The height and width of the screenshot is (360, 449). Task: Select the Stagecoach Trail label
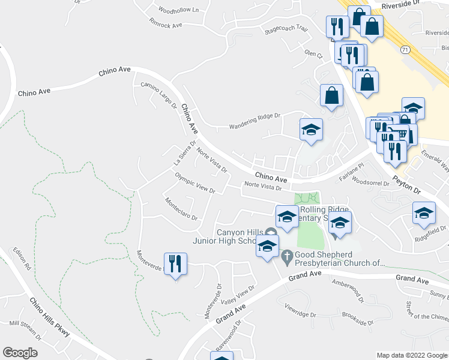286,29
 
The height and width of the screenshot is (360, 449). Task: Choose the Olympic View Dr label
195,183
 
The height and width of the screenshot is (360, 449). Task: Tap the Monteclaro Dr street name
181,209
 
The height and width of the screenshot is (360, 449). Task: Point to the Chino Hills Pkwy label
49,317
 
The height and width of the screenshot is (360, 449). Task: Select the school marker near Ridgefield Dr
424,213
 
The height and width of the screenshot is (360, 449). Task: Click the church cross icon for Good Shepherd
287,256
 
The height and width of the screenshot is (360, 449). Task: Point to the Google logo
20,353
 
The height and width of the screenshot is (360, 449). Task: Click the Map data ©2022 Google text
411,355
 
